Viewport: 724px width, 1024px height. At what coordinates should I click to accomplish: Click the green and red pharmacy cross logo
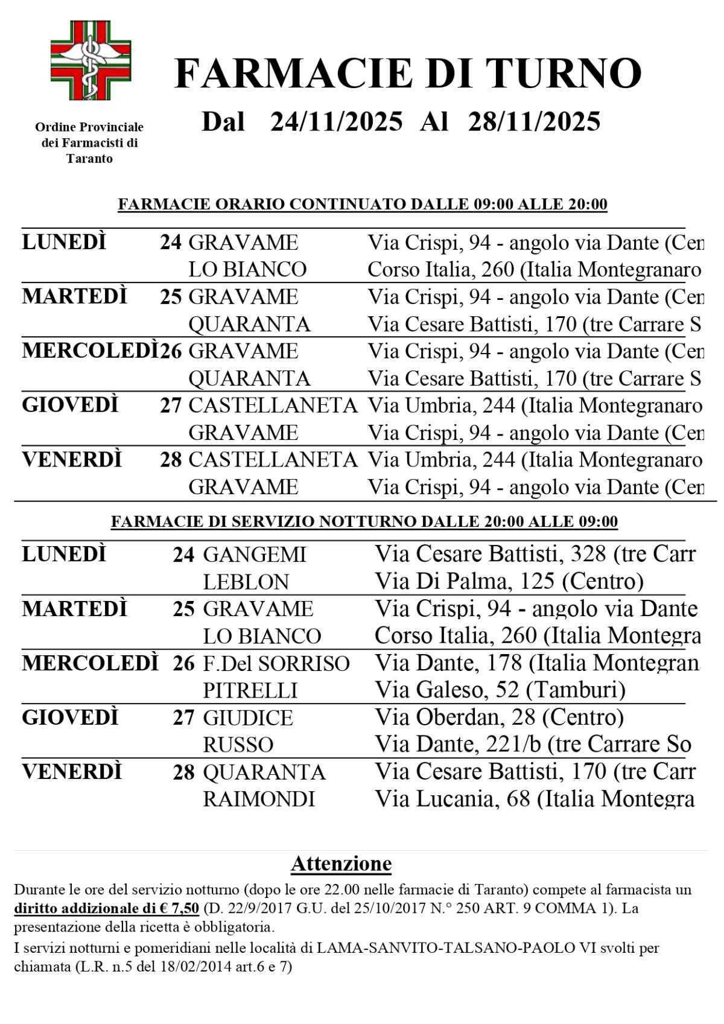point(90,61)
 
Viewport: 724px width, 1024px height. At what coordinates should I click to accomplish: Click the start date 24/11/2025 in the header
point(336,121)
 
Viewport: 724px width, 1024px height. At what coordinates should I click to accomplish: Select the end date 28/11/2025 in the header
point(534,121)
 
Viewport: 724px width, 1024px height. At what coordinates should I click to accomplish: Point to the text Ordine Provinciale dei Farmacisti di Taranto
point(89,143)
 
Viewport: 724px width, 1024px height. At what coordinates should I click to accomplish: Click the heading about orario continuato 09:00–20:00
point(362,205)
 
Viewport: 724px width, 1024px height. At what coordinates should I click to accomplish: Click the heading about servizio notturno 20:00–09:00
point(364,521)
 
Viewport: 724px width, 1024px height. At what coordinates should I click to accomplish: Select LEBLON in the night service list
point(246,582)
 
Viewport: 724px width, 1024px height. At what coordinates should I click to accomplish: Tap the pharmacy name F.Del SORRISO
point(276,664)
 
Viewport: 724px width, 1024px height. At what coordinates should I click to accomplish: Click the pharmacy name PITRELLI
point(250,690)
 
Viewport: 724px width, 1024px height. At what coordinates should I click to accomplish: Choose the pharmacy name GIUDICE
point(247,718)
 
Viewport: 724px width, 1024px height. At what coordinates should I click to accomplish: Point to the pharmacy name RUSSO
point(238,745)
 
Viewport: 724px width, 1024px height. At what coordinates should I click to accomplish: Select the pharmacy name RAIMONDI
point(259,800)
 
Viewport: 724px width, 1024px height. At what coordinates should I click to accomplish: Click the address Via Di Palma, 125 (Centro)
point(509,582)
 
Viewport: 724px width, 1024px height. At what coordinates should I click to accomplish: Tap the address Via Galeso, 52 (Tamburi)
point(500,690)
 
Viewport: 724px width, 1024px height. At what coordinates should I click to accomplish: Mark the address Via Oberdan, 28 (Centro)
point(499,717)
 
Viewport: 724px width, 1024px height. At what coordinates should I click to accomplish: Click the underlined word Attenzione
point(341,864)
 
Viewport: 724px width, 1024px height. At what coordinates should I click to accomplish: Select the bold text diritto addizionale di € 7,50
point(106,908)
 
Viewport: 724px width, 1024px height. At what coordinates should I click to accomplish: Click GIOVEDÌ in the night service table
point(70,718)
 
